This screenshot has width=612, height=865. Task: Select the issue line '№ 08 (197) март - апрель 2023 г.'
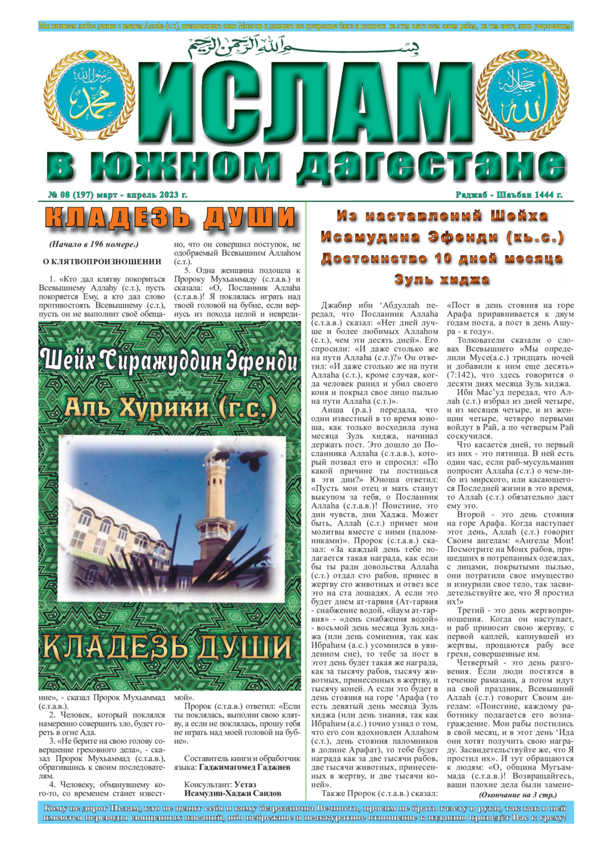point(118,195)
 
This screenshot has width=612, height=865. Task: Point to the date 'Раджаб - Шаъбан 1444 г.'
point(509,195)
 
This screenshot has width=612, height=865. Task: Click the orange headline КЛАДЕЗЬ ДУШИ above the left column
point(170,219)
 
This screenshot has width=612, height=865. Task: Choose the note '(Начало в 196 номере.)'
point(94,244)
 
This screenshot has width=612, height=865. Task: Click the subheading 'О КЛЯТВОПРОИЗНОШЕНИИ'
point(102,261)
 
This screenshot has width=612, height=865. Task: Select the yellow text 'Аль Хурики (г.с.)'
point(170,408)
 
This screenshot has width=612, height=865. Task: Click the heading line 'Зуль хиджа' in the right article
point(442,279)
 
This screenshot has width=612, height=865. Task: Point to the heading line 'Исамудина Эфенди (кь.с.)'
point(442,237)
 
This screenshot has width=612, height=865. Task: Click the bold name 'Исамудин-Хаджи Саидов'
point(232,793)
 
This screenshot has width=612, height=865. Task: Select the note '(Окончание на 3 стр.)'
point(518,795)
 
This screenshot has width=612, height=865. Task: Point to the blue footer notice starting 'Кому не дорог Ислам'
point(305,813)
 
